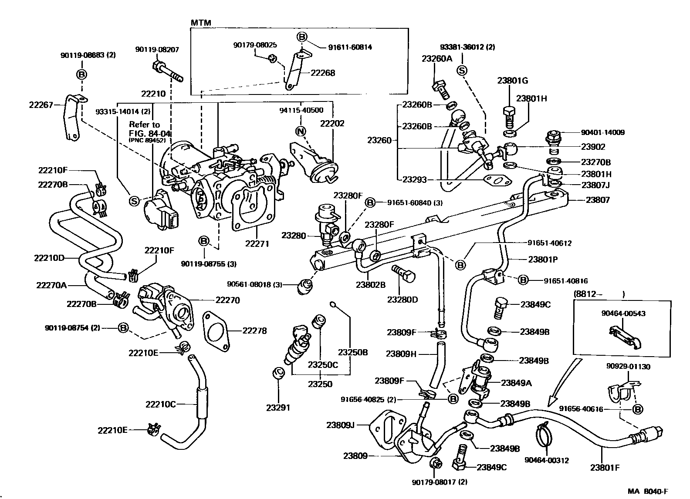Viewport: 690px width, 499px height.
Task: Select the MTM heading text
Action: click(199, 22)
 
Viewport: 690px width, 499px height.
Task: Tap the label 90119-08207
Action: click(157, 50)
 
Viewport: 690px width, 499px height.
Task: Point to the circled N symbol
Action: click(301, 131)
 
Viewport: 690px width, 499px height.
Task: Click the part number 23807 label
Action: click(598, 200)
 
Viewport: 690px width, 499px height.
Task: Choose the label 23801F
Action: click(605, 468)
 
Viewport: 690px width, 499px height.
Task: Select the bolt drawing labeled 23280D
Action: click(404, 275)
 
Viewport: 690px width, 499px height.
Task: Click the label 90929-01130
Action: click(628, 367)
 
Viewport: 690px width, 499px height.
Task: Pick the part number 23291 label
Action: click(278, 408)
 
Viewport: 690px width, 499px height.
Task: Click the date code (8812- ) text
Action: click(599, 294)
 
